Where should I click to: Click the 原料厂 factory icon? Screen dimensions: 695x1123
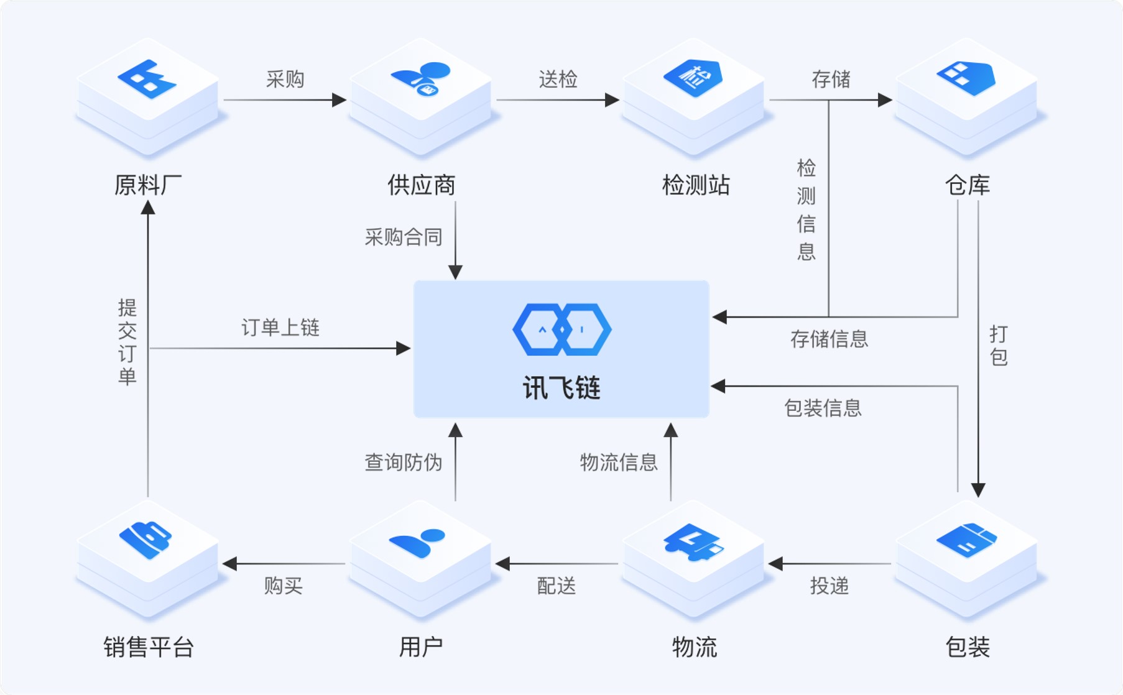[147, 79]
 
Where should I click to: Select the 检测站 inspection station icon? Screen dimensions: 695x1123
[693, 78]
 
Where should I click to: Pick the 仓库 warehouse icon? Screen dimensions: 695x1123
[966, 78]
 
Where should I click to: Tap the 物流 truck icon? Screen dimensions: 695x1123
[693, 541]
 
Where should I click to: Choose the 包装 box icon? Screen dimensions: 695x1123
[966, 540]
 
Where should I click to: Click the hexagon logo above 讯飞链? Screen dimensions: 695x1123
[561, 329]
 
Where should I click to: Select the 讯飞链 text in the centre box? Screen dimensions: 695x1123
[561, 389]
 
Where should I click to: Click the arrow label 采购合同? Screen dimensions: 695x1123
[403, 237]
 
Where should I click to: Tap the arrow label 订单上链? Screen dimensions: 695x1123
[280, 328]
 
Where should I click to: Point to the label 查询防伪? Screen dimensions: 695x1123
[403, 462]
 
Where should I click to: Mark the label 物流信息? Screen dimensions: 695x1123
[619, 462]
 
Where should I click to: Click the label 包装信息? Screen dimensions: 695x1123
[823, 408]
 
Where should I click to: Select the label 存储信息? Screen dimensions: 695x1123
[829, 339]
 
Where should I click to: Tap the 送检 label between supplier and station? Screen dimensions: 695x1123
[558, 79]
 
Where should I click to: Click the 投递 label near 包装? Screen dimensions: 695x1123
[829, 585]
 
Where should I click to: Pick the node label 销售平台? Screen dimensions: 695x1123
[149, 647]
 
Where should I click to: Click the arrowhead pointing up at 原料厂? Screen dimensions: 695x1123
[148, 208]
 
